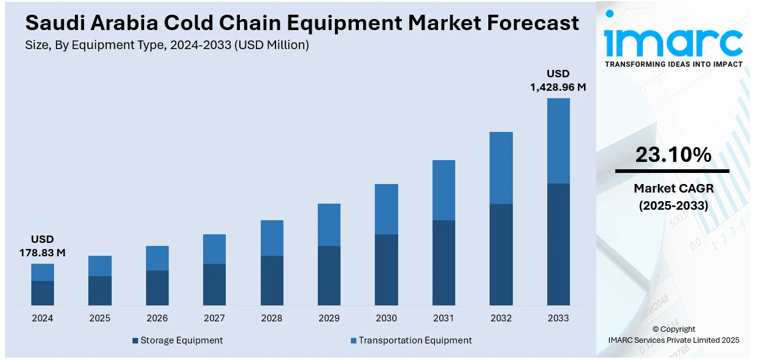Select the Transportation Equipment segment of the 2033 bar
(558, 140)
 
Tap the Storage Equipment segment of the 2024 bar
(42, 293)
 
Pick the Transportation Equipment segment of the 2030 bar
(386, 209)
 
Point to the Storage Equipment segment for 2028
(272, 280)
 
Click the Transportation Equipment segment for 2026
(157, 258)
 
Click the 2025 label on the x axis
(100, 318)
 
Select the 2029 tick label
(329, 318)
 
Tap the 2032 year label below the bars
(501, 318)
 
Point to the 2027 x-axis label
(215, 318)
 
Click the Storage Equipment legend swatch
(135, 340)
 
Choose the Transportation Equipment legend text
(415, 340)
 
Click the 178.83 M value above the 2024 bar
(42, 252)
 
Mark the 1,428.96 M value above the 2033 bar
(558, 87)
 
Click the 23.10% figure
(673, 155)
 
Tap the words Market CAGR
(673, 188)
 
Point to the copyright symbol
(655, 329)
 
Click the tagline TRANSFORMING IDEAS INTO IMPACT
(673, 64)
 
